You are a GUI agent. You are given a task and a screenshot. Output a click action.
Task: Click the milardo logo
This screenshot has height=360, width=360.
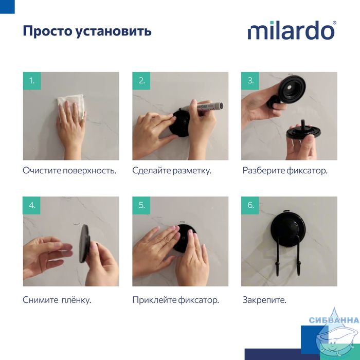(292, 30)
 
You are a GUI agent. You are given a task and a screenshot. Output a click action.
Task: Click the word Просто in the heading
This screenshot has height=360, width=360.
(47, 31)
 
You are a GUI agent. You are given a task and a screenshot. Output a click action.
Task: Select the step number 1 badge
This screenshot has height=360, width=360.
(32, 81)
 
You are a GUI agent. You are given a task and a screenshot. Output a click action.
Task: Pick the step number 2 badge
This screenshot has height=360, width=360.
(141, 81)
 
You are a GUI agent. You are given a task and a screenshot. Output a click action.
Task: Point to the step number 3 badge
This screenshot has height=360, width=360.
(250, 81)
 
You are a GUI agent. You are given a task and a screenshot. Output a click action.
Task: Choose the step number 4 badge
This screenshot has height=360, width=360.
(32, 205)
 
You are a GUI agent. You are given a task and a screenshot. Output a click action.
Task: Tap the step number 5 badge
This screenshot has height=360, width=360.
(141, 205)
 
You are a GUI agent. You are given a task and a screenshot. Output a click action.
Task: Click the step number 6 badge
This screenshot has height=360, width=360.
(250, 205)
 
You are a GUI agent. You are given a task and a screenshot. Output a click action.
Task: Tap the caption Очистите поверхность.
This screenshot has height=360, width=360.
(69, 171)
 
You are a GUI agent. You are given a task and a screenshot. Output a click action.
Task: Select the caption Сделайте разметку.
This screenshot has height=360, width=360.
(172, 171)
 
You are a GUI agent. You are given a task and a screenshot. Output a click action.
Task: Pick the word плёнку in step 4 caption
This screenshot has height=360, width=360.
(76, 300)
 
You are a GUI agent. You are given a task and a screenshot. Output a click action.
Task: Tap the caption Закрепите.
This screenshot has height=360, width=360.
(264, 300)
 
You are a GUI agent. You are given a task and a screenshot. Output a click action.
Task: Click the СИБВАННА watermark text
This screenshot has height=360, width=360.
(334, 320)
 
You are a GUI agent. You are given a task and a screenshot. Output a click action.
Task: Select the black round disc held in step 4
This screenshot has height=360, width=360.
(84, 244)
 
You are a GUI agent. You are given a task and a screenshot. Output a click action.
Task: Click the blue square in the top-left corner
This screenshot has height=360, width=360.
(7, 7)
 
